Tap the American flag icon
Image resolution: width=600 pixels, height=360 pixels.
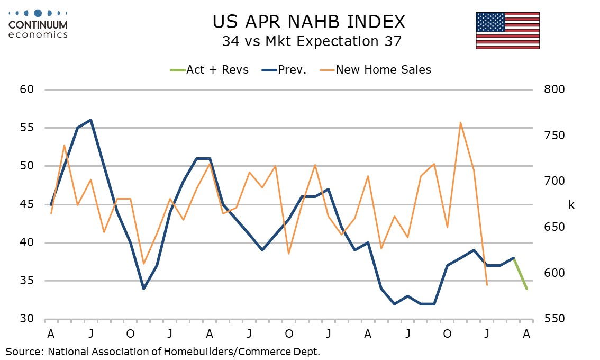[507, 30]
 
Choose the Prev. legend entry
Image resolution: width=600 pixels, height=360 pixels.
[287, 69]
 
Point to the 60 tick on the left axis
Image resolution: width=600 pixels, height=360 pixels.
[27, 89]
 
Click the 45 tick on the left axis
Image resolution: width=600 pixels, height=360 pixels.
[27, 204]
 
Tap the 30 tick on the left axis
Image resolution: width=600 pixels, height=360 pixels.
[27, 319]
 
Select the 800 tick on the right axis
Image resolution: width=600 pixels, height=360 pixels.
[554, 89]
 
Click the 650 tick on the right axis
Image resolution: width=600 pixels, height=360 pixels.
[554, 227]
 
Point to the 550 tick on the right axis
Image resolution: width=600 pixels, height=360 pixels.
[554, 319]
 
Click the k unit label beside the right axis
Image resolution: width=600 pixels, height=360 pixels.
[571, 204]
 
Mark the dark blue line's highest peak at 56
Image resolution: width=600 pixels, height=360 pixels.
[91, 120]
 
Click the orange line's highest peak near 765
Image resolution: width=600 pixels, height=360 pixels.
[460, 123]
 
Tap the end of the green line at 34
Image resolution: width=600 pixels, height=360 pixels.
[526, 289]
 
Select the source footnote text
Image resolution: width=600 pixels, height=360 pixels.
[163, 350]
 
